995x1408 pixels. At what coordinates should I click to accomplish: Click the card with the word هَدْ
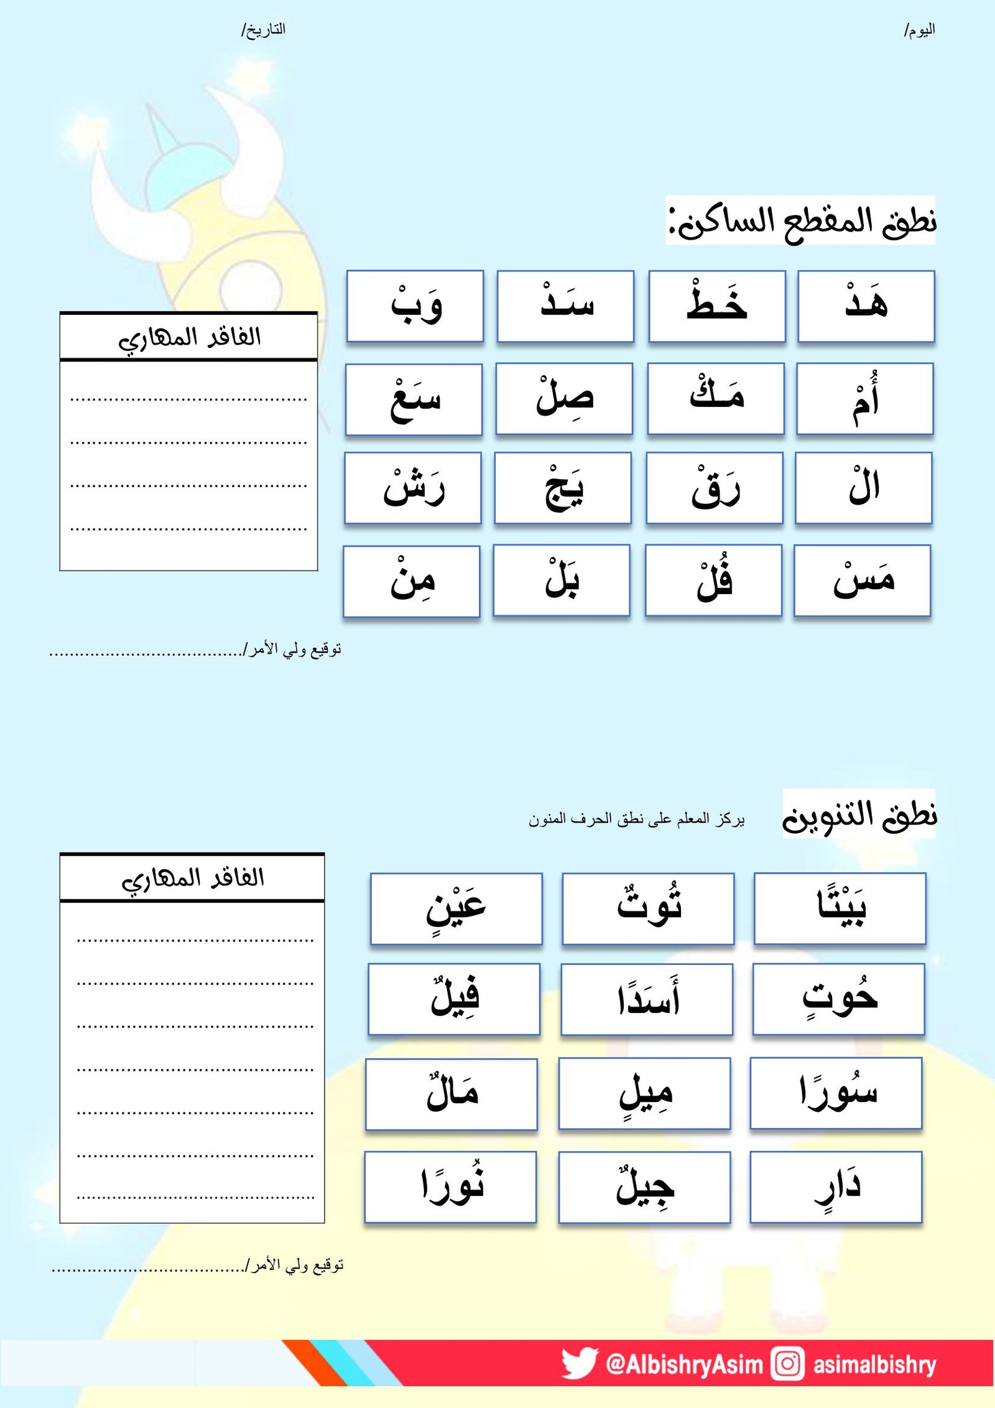pos(866,306)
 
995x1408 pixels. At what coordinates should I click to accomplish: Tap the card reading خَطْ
pos(716,306)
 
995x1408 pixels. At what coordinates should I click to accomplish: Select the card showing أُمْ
pos(864,399)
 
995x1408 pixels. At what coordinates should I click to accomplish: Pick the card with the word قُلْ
pos(713,580)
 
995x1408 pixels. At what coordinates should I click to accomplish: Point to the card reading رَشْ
pos(413,488)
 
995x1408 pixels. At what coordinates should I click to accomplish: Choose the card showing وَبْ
pos(415,306)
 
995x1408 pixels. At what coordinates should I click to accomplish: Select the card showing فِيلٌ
pos(454,999)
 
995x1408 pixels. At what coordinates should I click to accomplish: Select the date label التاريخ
pos(264,30)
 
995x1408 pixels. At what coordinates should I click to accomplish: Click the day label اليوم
pos(920,30)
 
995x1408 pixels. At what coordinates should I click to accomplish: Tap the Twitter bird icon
pos(578,1364)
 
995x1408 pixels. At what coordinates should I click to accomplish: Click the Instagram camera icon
pos(787,1364)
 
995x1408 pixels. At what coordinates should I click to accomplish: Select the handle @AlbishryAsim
pos(684,1364)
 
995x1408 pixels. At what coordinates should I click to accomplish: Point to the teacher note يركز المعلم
pos(637,819)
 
